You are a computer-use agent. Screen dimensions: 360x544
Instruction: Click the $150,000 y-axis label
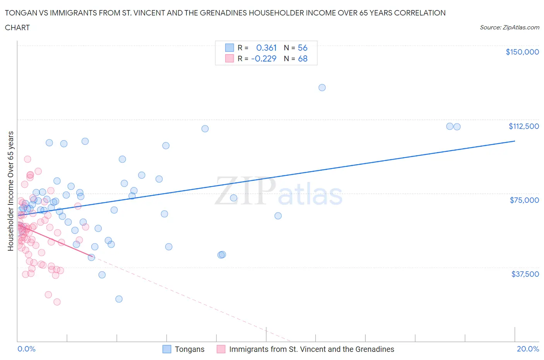click(x=522, y=52)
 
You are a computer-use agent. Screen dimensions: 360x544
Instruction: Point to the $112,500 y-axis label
click(x=523, y=126)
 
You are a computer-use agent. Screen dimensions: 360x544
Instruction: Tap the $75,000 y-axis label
click(x=524, y=200)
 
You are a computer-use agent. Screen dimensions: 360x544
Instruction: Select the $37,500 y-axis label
click(x=525, y=274)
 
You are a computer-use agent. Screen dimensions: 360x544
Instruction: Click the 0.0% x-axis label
click(x=26, y=349)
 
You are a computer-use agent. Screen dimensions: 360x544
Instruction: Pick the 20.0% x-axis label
click(x=528, y=349)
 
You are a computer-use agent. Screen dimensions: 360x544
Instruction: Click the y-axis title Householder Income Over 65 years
click(x=11, y=191)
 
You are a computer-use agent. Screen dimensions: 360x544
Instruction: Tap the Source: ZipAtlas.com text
click(x=509, y=27)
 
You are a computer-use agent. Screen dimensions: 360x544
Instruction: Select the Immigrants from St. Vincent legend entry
click(x=306, y=349)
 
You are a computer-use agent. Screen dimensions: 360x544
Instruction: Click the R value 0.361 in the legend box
click(x=266, y=48)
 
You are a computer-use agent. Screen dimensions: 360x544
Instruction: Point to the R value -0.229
click(x=263, y=58)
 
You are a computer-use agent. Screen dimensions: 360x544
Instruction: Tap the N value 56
click(x=303, y=48)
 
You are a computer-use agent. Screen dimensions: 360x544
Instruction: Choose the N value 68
click(x=303, y=58)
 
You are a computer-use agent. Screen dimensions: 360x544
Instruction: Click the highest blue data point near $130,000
click(x=322, y=87)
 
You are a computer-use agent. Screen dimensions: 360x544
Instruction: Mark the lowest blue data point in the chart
click(x=119, y=299)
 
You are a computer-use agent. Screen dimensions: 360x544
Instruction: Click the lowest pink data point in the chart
click(x=57, y=302)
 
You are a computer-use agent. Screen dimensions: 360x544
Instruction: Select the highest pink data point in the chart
click(x=27, y=159)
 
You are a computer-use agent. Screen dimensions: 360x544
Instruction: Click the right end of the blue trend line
click(x=515, y=141)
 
